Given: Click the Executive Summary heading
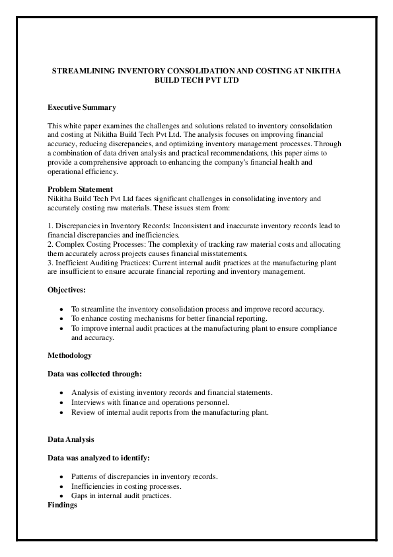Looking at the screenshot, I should (82, 107).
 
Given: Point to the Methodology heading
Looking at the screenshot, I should (70, 355).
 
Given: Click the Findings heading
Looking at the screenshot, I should (63, 505).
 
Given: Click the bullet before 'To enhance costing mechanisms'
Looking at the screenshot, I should (61, 319).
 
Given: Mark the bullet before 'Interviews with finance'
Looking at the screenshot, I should (61, 402).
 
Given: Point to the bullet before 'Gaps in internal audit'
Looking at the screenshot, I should (61, 495).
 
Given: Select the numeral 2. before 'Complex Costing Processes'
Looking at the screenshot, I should (51, 244).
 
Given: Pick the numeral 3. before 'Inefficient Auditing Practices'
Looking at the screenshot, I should (51, 263).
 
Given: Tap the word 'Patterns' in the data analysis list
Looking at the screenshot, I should (85, 476).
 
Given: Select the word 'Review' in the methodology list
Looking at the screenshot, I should (83, 412).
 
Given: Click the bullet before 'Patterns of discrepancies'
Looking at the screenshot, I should (61, 476).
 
